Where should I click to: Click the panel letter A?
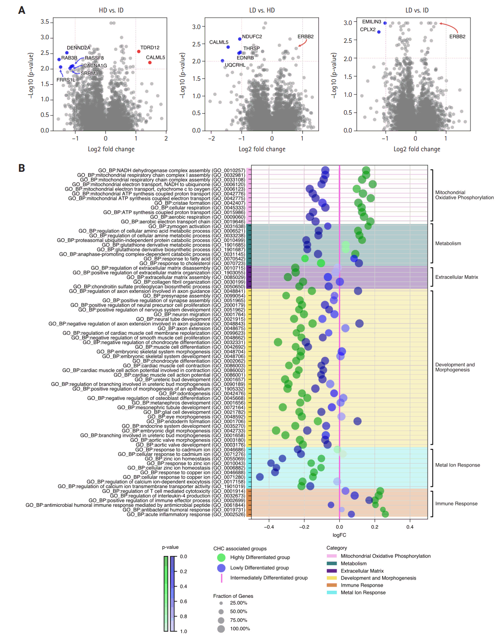click(21, 10)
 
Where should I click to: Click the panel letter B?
click(21, 168)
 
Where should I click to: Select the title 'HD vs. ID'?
click(111, 10)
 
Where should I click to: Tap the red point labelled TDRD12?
click(139, 52)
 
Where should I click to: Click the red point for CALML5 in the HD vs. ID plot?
click(150, 62)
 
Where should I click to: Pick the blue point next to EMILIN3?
click(385, 23)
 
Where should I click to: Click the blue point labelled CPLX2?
click(379, 32)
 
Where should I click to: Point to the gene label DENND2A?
click(78, 48)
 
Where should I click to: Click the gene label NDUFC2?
click(252, 37)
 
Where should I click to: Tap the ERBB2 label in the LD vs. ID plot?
click(457, 37)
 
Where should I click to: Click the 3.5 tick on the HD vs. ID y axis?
click(45, 22)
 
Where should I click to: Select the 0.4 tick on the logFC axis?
click(410, 527)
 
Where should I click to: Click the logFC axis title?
click(339, 535)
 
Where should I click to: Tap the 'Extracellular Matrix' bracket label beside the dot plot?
click(457, 277)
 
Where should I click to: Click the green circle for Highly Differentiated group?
click(221, 557)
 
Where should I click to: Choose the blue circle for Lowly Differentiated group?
click(221, 568)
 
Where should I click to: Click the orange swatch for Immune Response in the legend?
click(332, 585)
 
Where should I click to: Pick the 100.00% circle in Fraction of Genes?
click(221, 629)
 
